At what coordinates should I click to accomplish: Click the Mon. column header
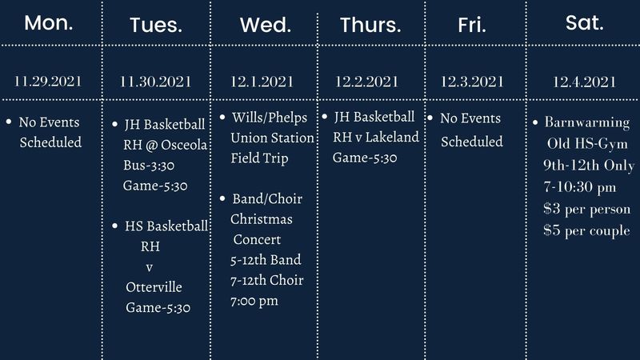point(49,22)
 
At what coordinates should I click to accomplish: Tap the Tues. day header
point(156,25)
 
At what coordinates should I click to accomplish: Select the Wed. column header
point(265,25)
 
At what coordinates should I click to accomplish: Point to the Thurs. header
point(370,25)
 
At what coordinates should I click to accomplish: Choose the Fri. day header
point(472,25)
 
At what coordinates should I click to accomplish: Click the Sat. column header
point(584,22)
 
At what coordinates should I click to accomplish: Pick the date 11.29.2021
point(49,81)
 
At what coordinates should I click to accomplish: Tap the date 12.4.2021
point(584,81)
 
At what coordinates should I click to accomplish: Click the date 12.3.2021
point(472,81)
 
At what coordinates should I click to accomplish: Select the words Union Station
point(273,138)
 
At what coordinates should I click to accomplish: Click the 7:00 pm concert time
point(254,301)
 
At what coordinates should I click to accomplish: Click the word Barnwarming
point(587,124)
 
